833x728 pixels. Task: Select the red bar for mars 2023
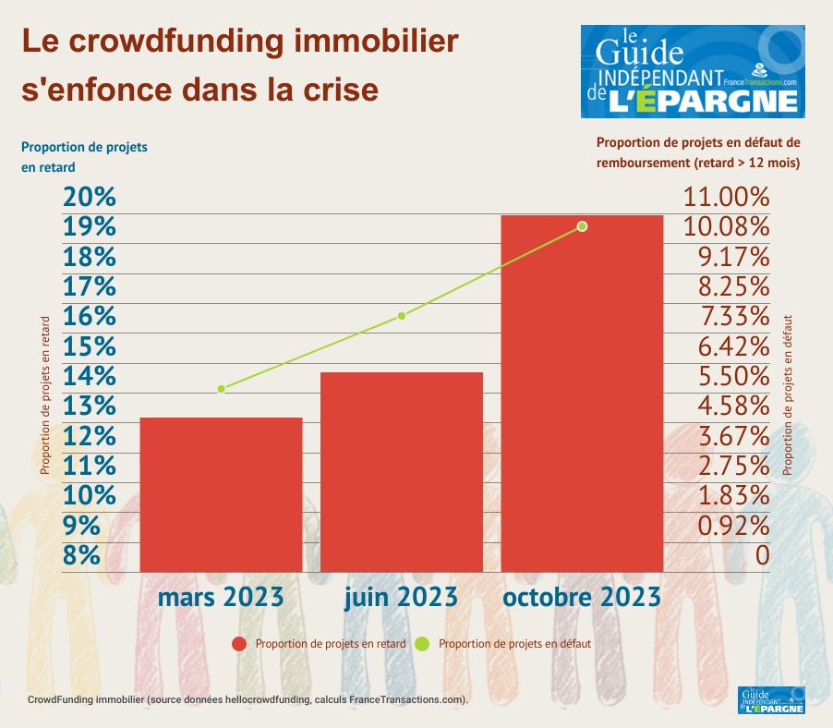tap(221, 494)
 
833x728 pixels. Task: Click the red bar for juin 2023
tap(402, 471)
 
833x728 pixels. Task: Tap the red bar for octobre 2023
tap(582, 393)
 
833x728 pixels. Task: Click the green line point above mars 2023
tap(222, 389)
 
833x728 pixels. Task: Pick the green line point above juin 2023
tap(402, 316)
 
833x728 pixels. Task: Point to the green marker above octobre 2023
tap(582, 226)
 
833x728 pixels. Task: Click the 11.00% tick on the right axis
tap(726, 197)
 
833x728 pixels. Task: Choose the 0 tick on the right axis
tap(762, 555)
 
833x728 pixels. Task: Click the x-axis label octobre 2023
tap(582, 597)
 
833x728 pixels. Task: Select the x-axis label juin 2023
tap(401, 598)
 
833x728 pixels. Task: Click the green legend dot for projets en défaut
tap(424, 644)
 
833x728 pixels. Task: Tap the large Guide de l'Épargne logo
tap(693, 71)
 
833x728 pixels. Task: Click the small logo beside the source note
tap(772, 700)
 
